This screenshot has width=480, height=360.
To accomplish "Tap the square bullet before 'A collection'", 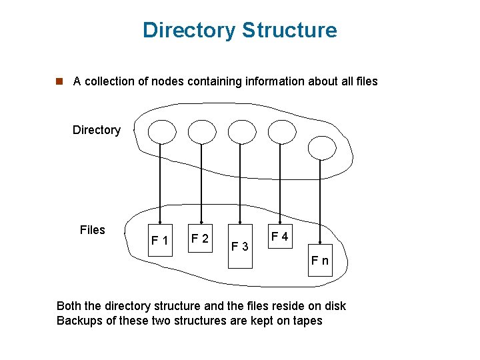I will pyautogui.click(x=59, y=81).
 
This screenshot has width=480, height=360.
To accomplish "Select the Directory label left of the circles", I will pyautogui.click(x=97, y=130).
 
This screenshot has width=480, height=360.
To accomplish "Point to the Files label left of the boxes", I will pyautogui.click(x=92, y=230).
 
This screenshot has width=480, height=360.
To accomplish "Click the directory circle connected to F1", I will pyautogui.click(x=160, y=132).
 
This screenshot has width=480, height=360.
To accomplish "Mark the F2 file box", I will pyautogui.click(x=200, y=238).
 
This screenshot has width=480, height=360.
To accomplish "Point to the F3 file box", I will pyautogui.click(x=240, y=247).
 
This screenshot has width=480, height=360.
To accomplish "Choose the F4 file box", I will pyautogui.click(x=279, y=237).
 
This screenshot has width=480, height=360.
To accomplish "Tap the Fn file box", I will pyautogui.click(x=320, y=260).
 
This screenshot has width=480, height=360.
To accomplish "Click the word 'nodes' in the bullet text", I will pyautogui.click(x=169, y=81).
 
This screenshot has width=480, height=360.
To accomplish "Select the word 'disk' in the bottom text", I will pyautogui.click(x=335, y=306).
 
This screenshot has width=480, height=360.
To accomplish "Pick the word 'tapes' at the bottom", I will pyautogui.click(x=307, y=321).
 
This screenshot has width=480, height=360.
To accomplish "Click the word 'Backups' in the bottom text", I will pyautogui.click(x=79, y=321).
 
